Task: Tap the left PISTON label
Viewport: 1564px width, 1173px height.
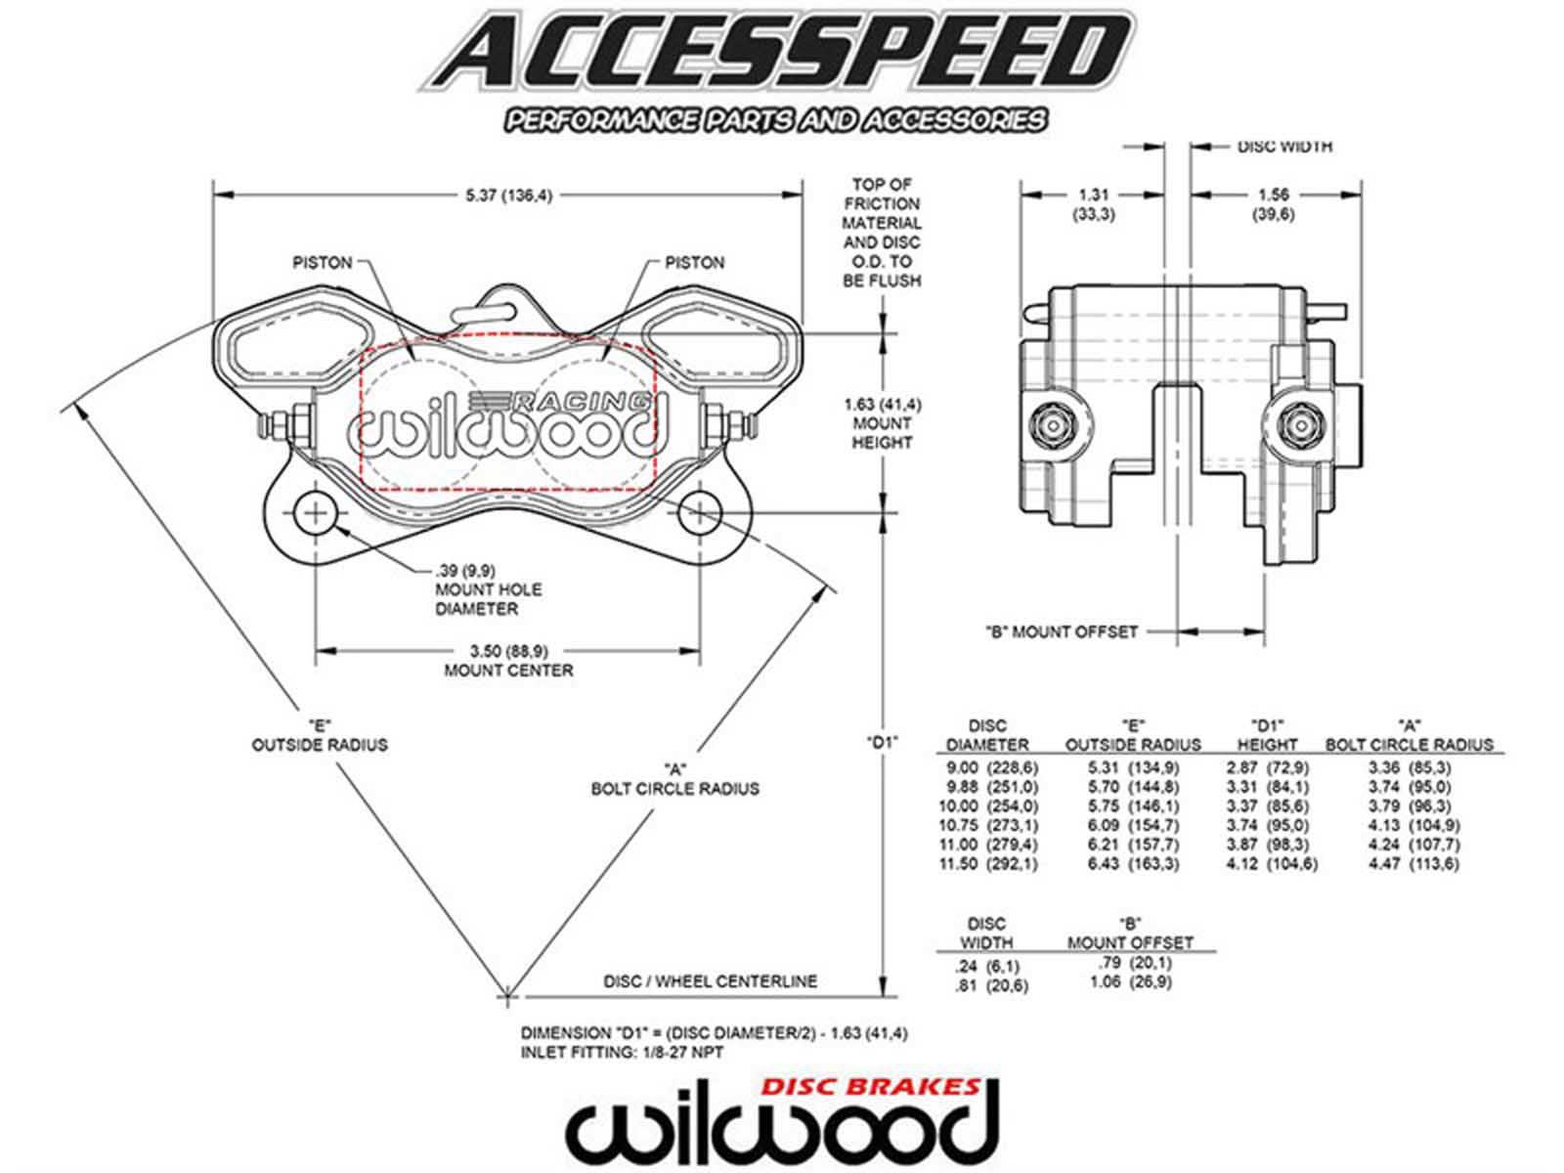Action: (x=322, y=263)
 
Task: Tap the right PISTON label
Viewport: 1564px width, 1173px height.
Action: (x=694, y=263)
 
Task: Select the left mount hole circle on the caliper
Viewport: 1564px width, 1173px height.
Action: (x=315, y=514)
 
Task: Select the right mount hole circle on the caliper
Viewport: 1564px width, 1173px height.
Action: (x=699, y=514)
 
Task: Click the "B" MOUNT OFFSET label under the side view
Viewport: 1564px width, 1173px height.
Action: (x=1061, y=631)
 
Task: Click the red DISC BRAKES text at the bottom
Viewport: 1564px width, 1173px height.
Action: (x=871, y=1086)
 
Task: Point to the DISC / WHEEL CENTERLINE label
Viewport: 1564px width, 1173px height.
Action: (x=710, y=980)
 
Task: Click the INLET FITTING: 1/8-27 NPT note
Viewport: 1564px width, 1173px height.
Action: (x=622, y=1052)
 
